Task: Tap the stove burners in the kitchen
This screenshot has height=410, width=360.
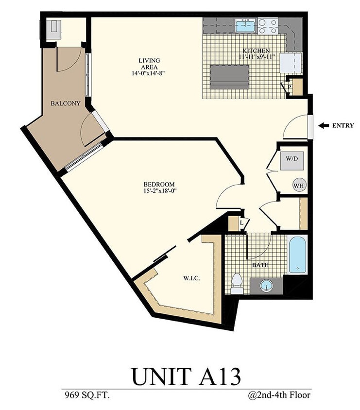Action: click(267, 26)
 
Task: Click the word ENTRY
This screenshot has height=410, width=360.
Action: click(343, 125)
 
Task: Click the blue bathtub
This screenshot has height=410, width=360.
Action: click(297, 255)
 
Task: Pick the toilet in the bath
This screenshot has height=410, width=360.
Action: click(237, 284)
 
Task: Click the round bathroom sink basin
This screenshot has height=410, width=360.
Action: click(266, 285)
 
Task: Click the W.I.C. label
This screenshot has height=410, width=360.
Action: click(191, 278)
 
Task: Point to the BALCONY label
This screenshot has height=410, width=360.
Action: click(66, 103)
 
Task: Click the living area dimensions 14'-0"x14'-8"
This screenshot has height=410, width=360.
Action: click(149, 73)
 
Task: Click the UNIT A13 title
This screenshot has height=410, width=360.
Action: click(185, 376)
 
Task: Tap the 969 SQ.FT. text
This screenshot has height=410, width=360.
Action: click(86, 395)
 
